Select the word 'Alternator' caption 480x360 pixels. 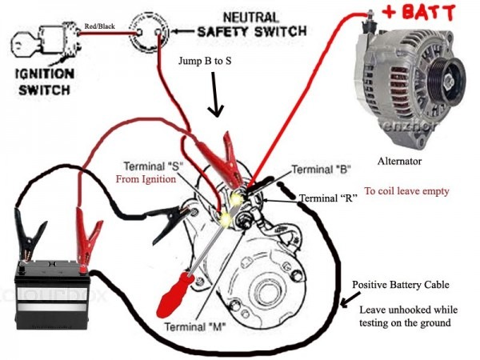(404, 161)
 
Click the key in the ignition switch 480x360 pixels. (24, 42)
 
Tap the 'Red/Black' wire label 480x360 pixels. (98, 27)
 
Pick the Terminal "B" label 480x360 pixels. (321, 169)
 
